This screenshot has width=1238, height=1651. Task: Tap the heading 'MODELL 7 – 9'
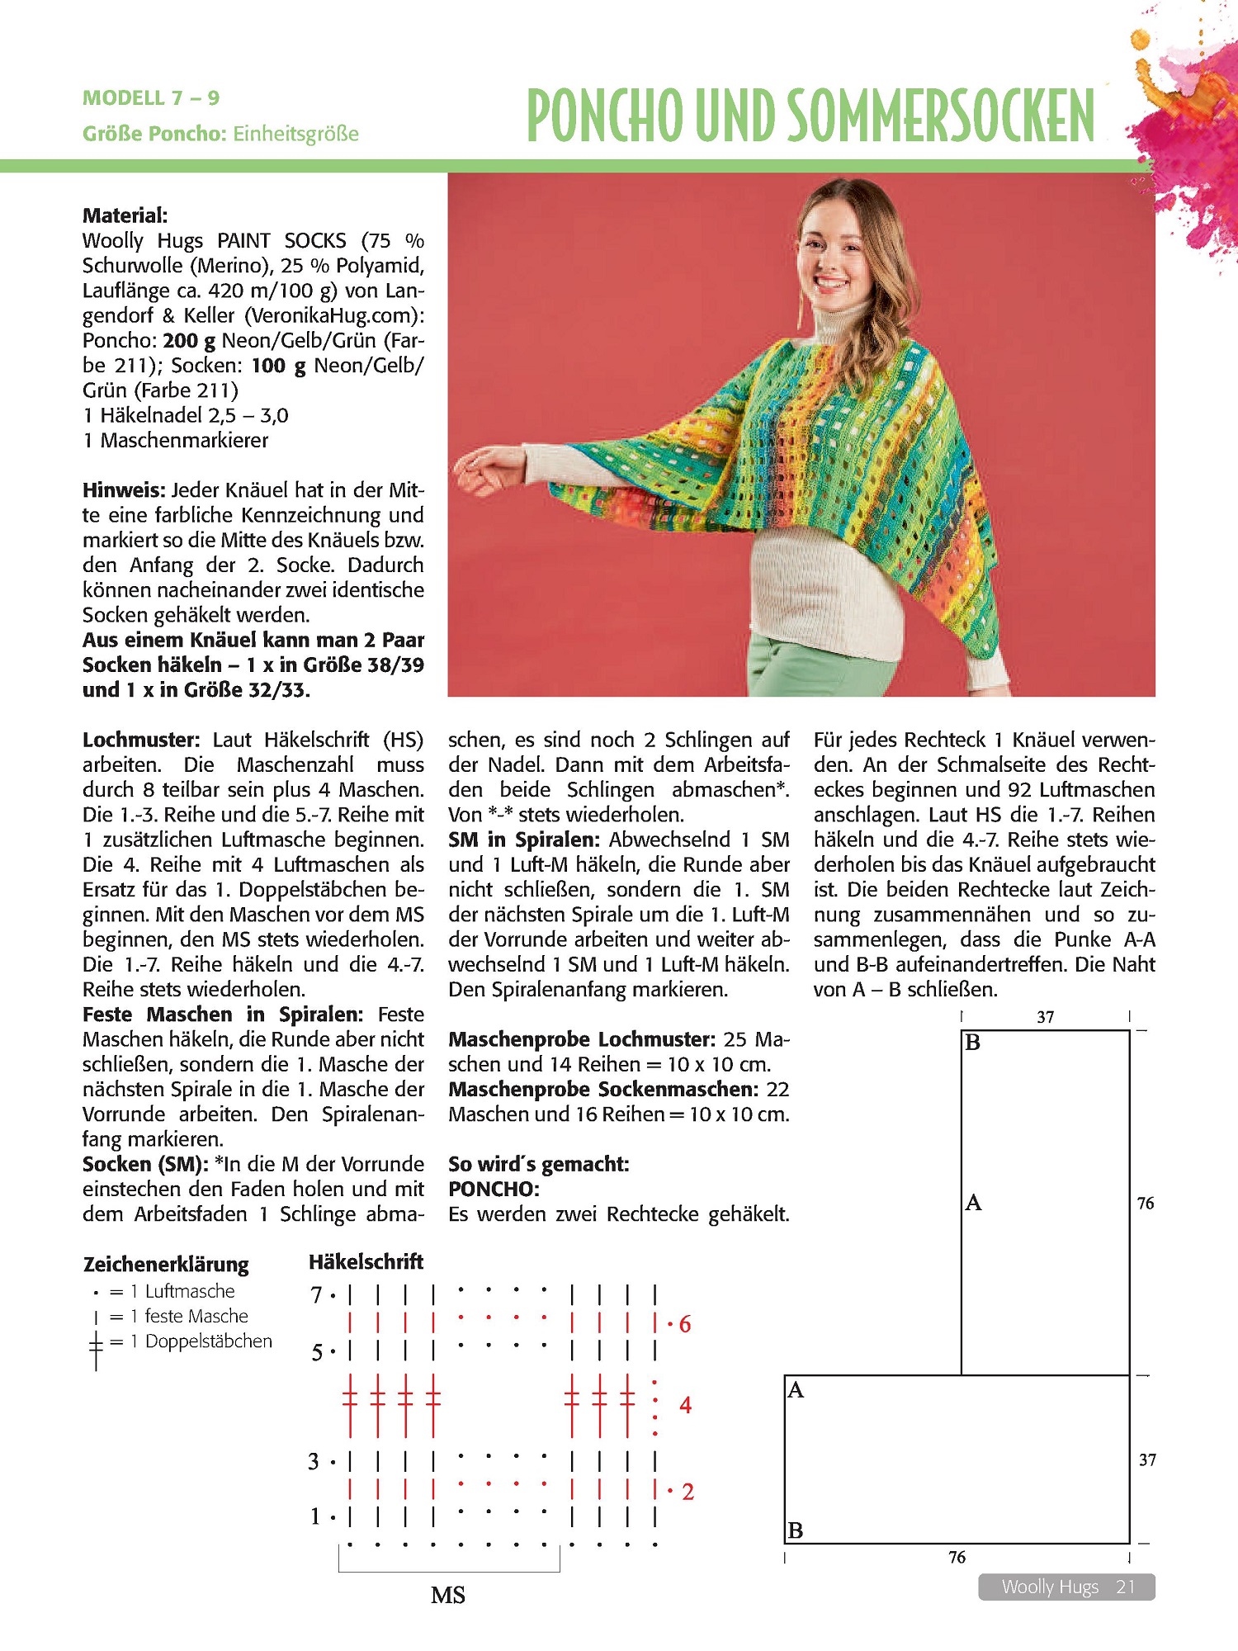pyautogui.click(x=151, y=98)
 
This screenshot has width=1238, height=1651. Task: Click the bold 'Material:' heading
pyautogui.click(x=125, y=215)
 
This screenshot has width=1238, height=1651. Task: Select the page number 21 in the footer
pyautogui.click(x=1125, y=1587)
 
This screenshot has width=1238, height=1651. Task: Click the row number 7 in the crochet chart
pyautogui.click(x=316, y=1294)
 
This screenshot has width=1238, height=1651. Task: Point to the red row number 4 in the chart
pyautogui.click(x=685, y=1405)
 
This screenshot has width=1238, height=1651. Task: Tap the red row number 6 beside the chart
pyautogui.click(x=685, y=1325)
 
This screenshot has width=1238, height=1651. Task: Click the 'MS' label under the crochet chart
pyautogui.click(x=448, y=1596)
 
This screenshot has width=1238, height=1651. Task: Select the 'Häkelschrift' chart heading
pyautogui.click(x=366, y=1261)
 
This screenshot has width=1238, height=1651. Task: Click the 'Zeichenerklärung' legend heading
pyautogui.click(x=166, y=1264)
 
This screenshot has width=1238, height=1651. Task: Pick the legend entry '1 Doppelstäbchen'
pyautogui.click(x=208, y=1341)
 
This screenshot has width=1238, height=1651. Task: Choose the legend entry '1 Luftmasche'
pyautogui.click(x=190, y=1291)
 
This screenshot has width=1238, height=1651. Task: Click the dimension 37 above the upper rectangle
pyautogui.click(x=1046, y=1017)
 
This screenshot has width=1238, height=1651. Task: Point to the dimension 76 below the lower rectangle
pyautogui.click(x=957, y=1557)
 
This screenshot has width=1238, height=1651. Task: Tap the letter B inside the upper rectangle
pyautogui.click(x=973, y=1043)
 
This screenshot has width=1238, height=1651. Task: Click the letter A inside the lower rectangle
pyautogui.click(x=796, y=1390)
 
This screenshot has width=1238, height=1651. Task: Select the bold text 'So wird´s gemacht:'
pyautogui.click(x=538, y=1164)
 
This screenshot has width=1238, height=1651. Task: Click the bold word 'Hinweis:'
pyautogui.click(x=124, y=490)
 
